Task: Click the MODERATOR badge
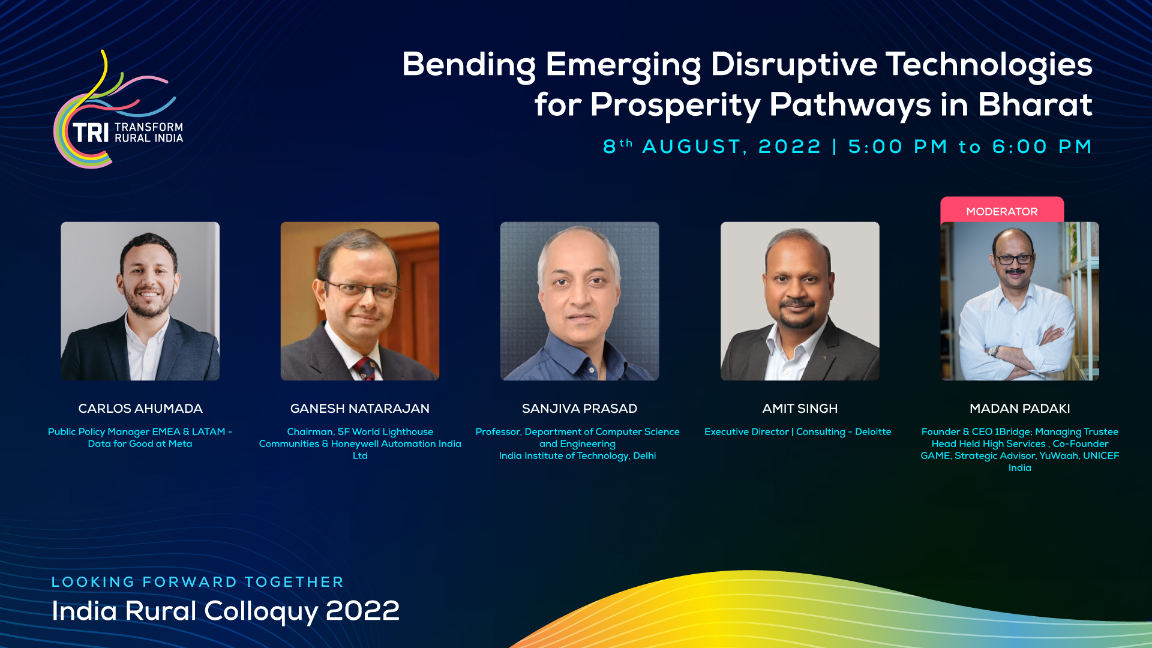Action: tap(1002, 210)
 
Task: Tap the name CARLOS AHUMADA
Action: tap(140, 409)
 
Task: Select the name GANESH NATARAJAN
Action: tap(360, 409)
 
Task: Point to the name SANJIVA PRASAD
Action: tap(580, 409)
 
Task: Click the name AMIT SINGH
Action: tap(800, 409)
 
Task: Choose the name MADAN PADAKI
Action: tap(1020, 409)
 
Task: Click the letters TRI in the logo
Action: tap(91, 133)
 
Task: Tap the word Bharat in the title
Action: tap(1035, 104)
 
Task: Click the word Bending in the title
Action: tap(469, 65)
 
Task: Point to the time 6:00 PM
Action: tap(1042, 147)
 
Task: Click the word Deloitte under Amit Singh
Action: tap(873, 432)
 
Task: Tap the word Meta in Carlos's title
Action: tap(180, 444)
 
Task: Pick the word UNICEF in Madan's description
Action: tap(1101, 456)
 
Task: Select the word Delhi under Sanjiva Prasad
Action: tap(644, 456)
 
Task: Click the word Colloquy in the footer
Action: tap(261, 612)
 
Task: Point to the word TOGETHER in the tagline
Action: tap(294, 582)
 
